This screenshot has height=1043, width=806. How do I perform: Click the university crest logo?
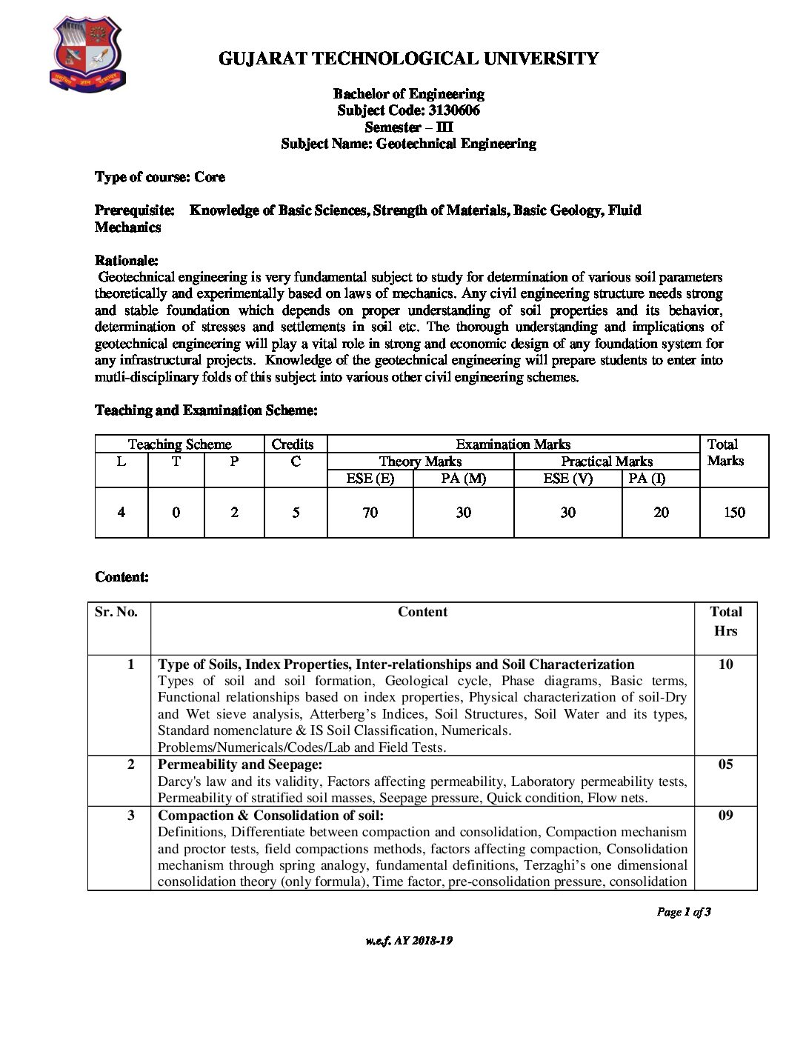[87, 55]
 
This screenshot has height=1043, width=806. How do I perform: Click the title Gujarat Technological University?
[408, 59]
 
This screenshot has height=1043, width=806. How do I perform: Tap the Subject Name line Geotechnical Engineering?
[408, 144]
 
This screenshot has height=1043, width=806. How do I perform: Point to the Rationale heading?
[126, 261]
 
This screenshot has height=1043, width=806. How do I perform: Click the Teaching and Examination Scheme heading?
[206, 410]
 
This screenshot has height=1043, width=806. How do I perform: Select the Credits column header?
[293, 444]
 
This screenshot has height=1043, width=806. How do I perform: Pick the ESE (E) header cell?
[370, 479]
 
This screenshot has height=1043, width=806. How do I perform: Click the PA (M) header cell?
[463, 479]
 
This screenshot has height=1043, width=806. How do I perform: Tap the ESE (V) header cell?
[567, 479]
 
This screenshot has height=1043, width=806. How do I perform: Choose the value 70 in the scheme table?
[370, 513]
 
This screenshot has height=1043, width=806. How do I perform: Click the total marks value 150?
[733, 513]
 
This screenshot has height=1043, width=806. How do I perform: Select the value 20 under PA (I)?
[661, 513]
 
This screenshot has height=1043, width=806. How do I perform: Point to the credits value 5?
[296, 513]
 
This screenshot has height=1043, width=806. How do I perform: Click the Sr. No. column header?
[116, 612]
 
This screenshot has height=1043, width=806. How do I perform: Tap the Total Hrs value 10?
[725, 664]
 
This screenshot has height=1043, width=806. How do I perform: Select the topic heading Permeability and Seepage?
[240, 764]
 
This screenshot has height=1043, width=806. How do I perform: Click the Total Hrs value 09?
[725, 816]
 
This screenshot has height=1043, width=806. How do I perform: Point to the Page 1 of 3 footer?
[683, 912]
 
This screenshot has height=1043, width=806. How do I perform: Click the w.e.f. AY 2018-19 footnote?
[408, 941]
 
